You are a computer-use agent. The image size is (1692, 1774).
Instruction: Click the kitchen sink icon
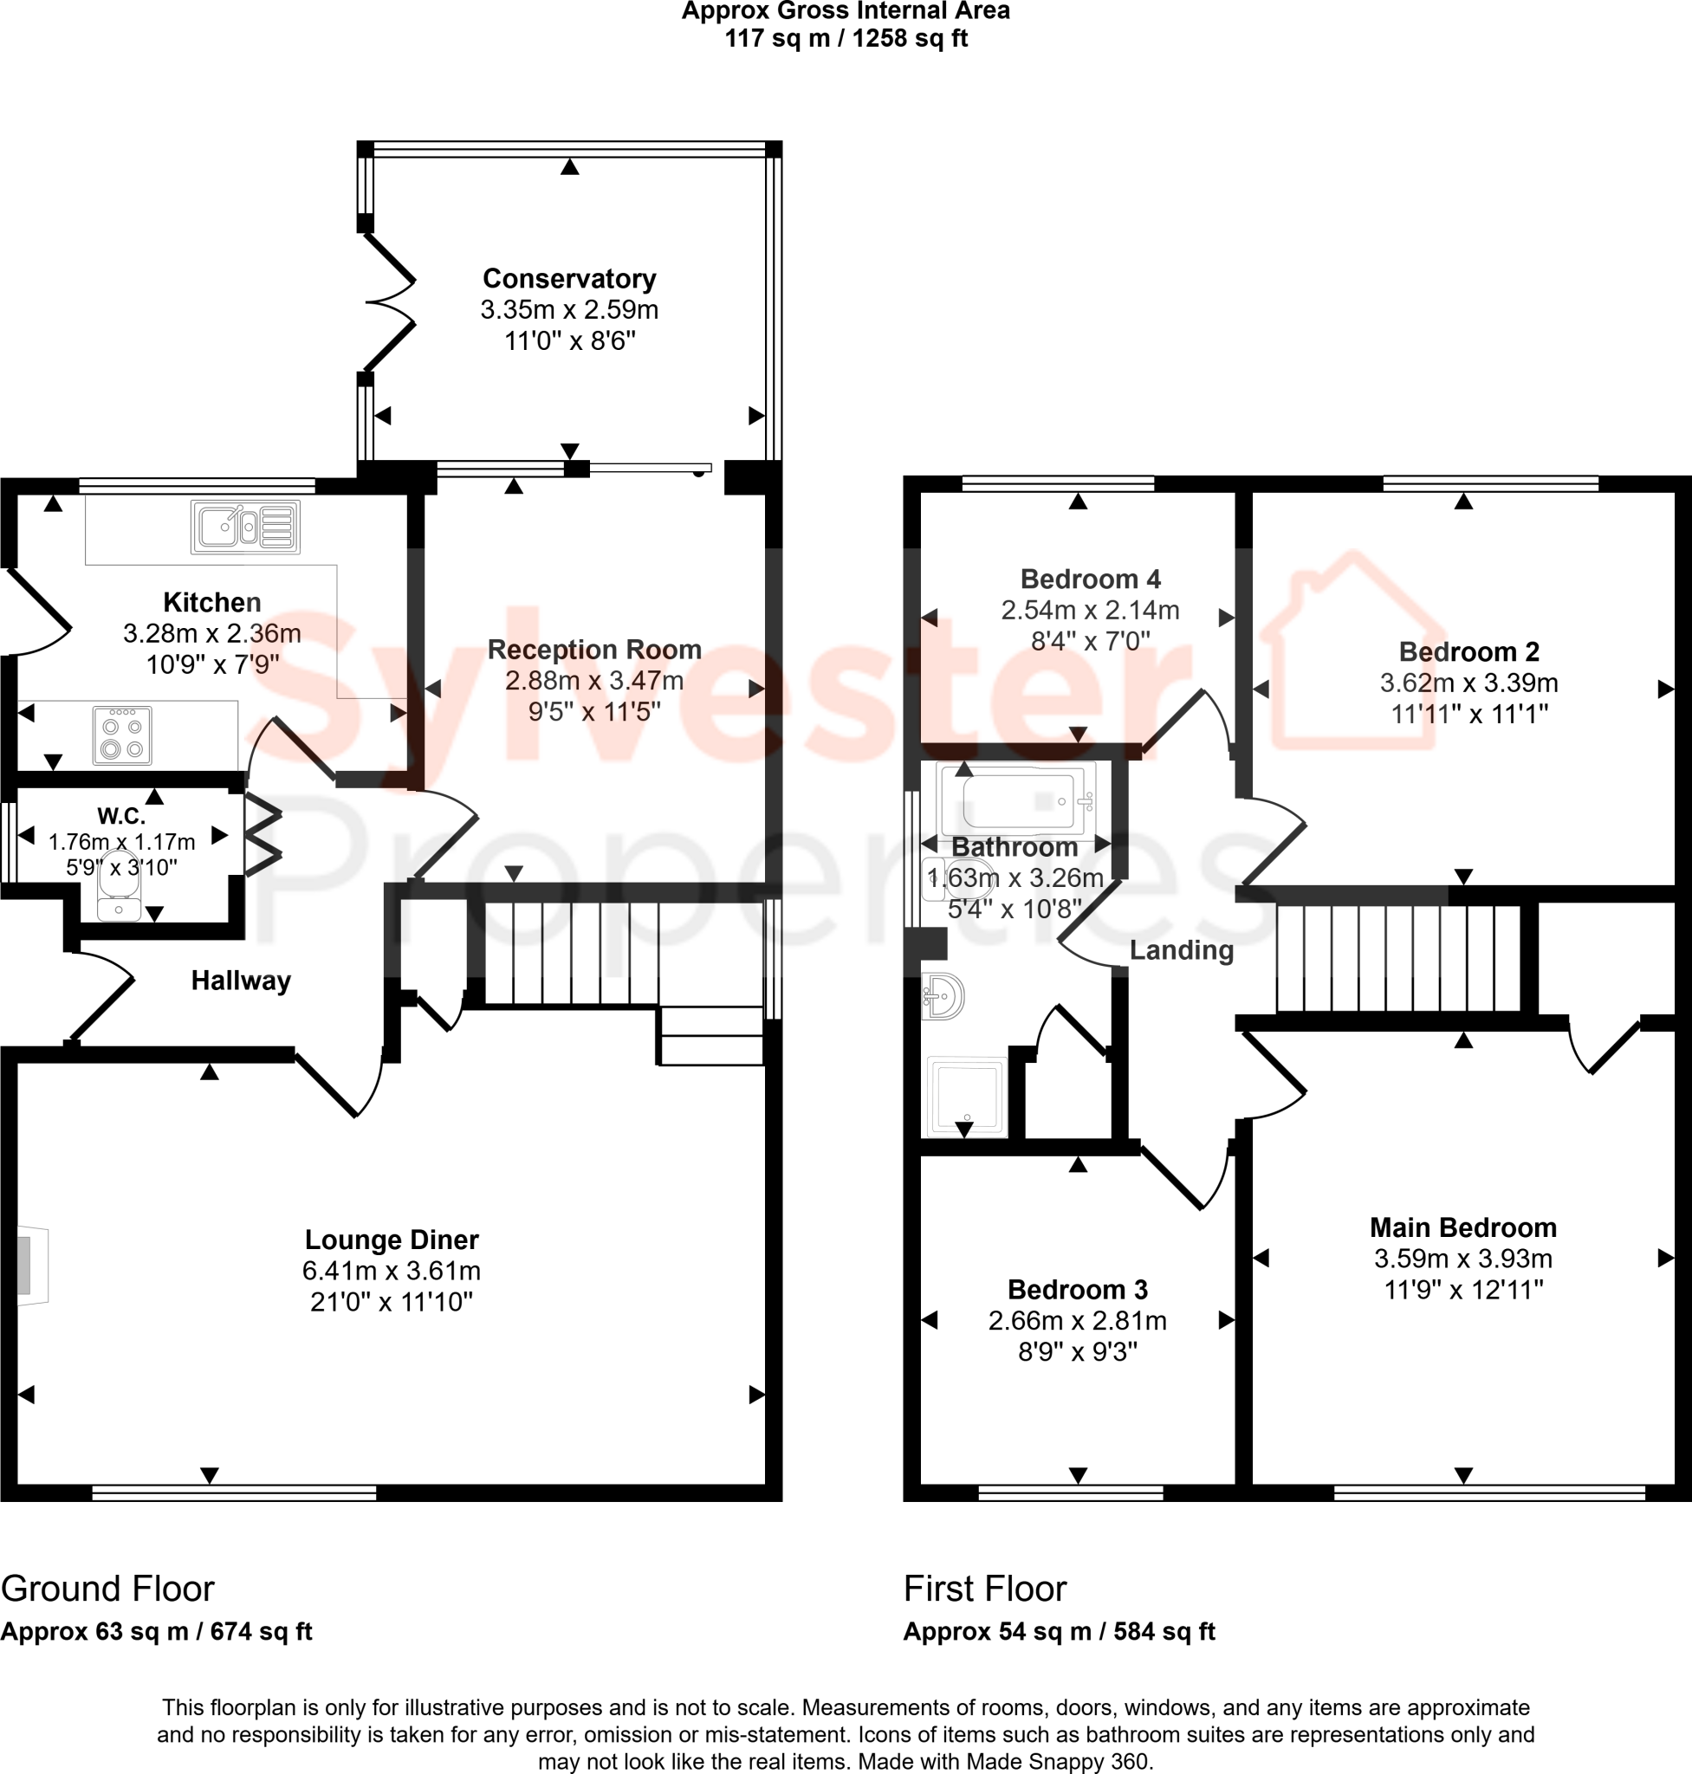point(244,527)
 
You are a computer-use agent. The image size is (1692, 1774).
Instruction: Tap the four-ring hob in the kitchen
point(122,736)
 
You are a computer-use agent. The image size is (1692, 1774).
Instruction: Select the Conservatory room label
point(569,279)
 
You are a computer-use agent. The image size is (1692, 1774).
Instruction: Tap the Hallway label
point(241,981)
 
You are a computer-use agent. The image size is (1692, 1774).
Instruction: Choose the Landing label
point(1181,949)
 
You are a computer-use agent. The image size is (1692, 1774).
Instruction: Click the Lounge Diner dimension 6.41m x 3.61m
point(391,1271)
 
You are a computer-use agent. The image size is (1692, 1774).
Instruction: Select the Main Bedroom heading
point(1463,1227)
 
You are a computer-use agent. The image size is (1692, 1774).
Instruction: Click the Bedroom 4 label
point(1090,579)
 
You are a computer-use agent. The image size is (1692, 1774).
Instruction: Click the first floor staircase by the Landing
point(1398,959)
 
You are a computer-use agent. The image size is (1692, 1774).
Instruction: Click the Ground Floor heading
point(107,1589)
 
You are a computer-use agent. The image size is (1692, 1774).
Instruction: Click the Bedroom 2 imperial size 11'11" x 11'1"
point(1468,715)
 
